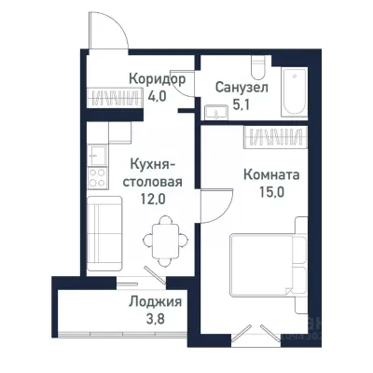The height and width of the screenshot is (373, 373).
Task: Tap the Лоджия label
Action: (155, 302)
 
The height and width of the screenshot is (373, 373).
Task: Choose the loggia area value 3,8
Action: (156, 318)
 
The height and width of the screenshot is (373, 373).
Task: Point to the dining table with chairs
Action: (163, 239)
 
